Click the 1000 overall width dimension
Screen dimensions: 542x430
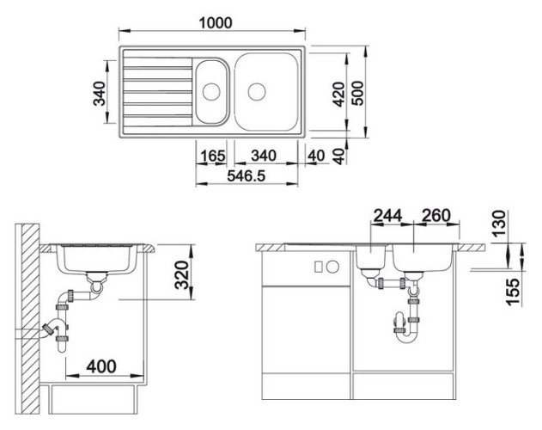[216, 23]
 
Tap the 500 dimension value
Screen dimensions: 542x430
[357, 93]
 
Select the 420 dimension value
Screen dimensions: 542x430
[338, 95]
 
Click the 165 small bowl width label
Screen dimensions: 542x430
[213, 156]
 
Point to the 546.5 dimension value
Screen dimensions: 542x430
[247, 176]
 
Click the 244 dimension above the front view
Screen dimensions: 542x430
[388, 216]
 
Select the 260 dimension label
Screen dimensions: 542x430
[436, 216]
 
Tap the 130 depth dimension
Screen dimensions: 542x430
[499, 224]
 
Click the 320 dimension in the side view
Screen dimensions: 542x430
[182, 275]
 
